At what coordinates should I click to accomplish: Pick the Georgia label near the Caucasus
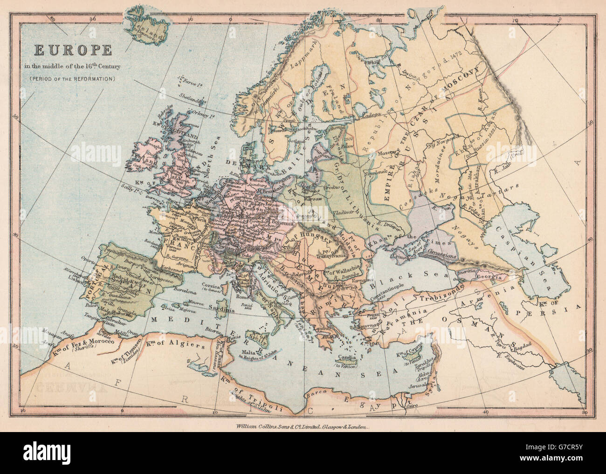pyautogui.click(x=489, y=276)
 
